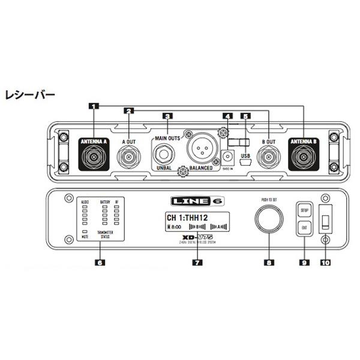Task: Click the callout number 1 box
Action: click(x=93, y=106)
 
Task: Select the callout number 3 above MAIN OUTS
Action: click(x=167, y=116)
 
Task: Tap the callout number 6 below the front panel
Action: click(x=100, y=262)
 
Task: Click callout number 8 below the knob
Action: click(x=269, y=262)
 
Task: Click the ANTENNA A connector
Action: click(x=94, y=159)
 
